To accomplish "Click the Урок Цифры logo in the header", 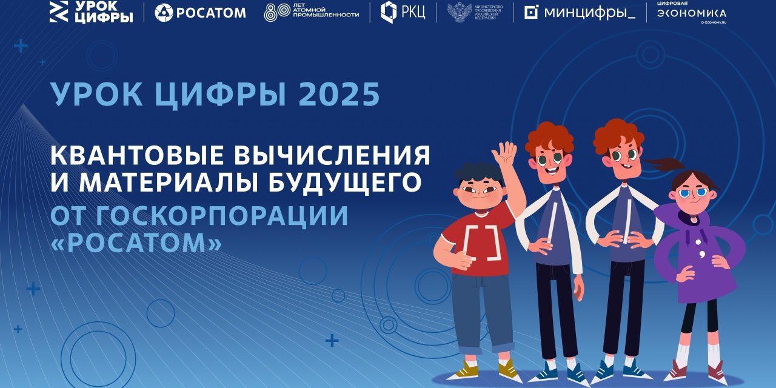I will point(91,12).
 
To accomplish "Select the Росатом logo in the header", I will point(200,12).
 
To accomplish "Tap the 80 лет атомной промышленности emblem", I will point(311,12).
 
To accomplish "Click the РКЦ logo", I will point(402,12).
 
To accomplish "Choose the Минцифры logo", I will point(580,13).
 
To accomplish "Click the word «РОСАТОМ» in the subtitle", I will point(136,244).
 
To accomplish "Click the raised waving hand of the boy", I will point(504,154).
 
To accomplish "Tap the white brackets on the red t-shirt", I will point(482,242).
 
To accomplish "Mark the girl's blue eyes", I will point(693,193).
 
